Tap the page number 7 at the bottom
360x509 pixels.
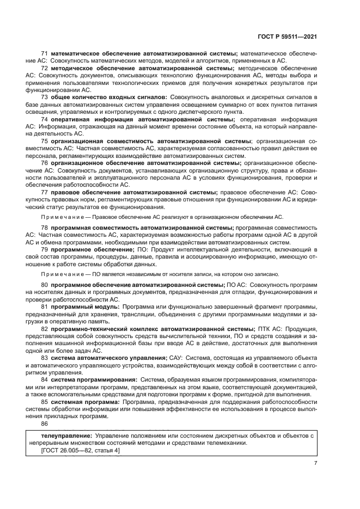pos(315,463)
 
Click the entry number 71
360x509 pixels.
pos(45,54)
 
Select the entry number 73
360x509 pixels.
pos(45,97)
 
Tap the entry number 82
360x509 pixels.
pos(45,329)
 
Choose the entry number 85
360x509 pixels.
pos(45,401)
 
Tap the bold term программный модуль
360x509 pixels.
pos(85,308)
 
